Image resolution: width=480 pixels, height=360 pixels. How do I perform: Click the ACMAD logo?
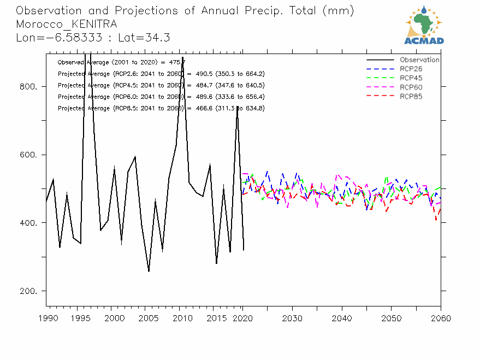424,25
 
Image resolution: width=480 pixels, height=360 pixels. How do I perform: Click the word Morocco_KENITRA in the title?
66,25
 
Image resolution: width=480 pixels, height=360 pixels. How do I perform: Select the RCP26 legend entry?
411,69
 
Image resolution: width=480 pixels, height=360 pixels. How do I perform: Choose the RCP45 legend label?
411,78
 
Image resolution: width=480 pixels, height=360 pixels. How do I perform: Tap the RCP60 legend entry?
411,87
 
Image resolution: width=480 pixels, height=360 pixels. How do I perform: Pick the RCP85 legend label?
411,97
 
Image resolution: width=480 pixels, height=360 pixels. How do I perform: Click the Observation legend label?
419,60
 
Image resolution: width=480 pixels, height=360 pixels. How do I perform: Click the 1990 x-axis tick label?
47,317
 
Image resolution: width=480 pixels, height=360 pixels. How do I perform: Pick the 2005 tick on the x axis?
145,317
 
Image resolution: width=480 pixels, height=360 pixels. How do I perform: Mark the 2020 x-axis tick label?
243,317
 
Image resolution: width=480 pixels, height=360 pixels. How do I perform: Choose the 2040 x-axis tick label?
341,317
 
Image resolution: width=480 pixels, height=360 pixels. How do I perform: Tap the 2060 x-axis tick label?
440,317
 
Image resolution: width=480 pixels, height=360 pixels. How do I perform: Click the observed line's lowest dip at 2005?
149,271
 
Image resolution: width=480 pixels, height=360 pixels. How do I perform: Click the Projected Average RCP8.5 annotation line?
161,108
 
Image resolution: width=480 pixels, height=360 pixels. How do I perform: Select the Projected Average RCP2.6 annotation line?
161,74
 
